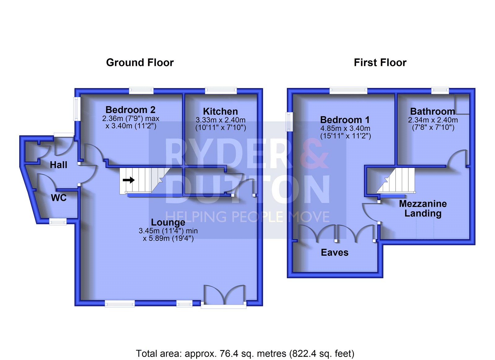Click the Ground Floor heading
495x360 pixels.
tap(140, 63)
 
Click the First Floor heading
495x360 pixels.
tap(380, 63)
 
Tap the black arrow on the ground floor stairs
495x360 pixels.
tap(129, 180)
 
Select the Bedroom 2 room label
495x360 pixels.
tap(130, 110)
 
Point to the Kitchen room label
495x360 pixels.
tap(220, 111)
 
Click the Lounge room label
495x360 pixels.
tap(168, 222)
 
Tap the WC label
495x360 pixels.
tap(58, 198)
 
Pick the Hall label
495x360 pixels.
tap(58, 165)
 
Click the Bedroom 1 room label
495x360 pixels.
tap(345, 120)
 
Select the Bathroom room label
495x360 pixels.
tap(433, 111)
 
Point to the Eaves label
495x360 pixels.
tap(334, 253)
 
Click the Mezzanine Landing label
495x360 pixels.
tap(423, 209)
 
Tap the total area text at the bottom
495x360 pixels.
tap(245, 353)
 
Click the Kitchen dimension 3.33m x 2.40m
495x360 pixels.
tap(221, 120)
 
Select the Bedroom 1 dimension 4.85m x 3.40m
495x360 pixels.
tap(345, 128)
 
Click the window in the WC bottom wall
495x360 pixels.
tap(58, 222)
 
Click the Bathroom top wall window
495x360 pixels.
tap(440, 90)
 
